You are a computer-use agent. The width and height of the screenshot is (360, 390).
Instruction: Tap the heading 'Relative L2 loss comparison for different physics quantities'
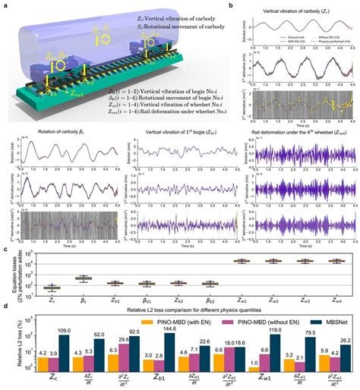tap(186, 310)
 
